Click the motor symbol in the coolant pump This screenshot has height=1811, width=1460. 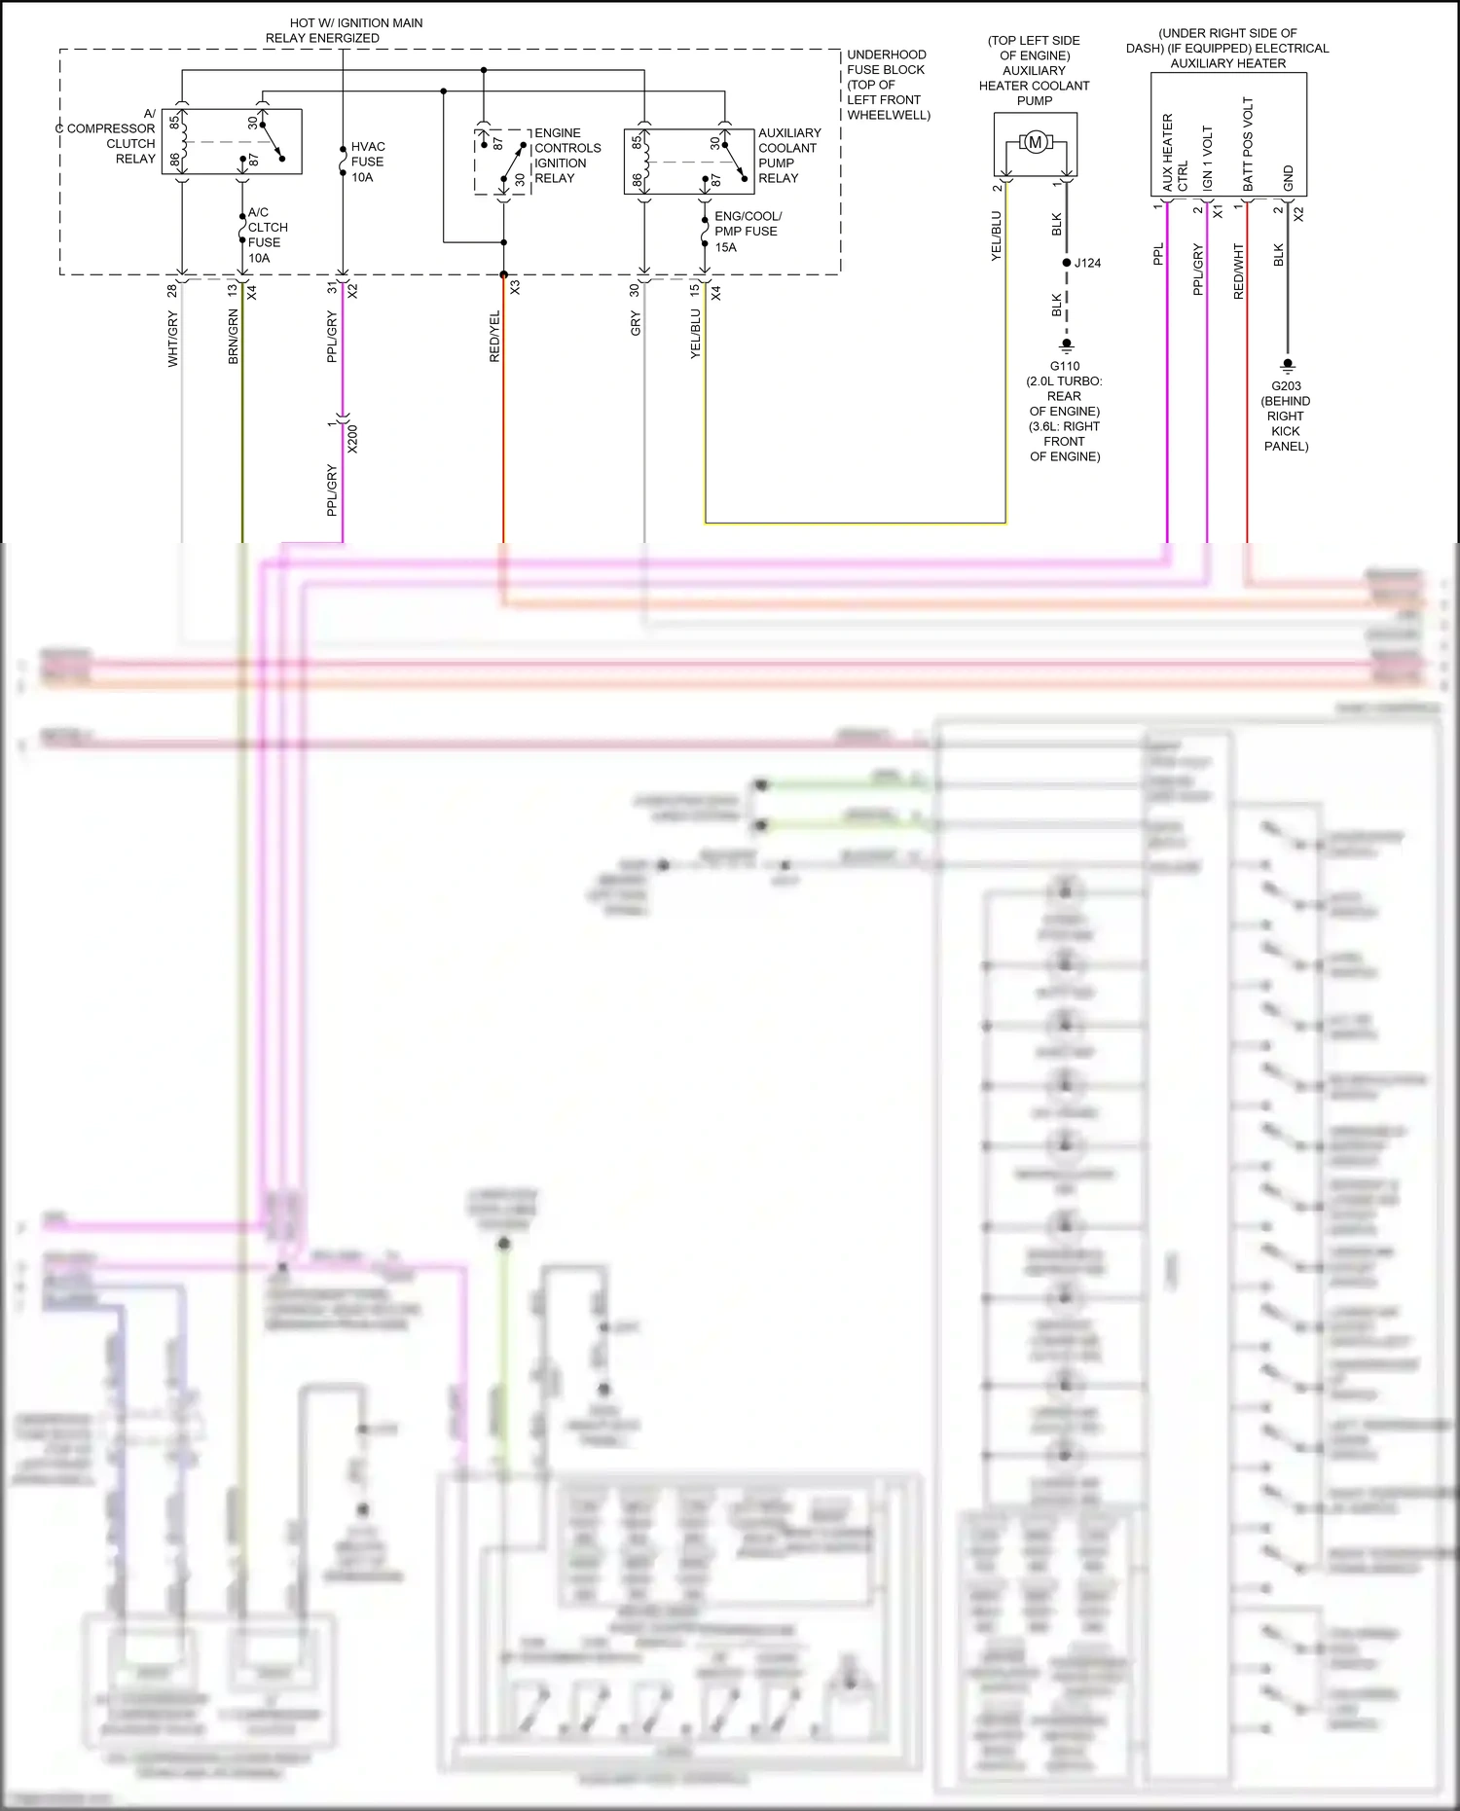click(1035, 143)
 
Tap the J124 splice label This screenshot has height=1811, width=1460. click(1087, 263)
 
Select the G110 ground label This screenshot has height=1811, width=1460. click(1065, 367)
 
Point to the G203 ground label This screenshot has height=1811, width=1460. click(1286, 386)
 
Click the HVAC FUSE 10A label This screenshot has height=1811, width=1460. click(367, 162)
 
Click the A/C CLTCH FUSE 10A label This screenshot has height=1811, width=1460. click(266, 235)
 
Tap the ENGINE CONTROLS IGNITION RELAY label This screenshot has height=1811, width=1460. click(566, 156)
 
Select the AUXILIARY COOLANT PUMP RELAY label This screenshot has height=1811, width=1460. click(788, 156)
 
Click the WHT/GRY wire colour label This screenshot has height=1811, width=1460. click(173, 339)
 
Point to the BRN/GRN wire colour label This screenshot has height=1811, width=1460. click(233, 337)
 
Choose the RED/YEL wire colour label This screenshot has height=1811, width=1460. click(494, 337)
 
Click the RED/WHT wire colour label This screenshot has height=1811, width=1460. click(1239, 271)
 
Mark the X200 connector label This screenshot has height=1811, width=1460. click(352, 439)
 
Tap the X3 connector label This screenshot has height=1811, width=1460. click(515, 288)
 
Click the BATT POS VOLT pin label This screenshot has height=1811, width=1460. click(1248, 144)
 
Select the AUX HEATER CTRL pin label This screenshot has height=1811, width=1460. click(1175, 153)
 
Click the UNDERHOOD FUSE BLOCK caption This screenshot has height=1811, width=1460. click(888, 85)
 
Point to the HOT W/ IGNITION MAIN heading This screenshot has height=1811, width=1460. click(355, 22)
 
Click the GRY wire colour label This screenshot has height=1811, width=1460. click(636, 323)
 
